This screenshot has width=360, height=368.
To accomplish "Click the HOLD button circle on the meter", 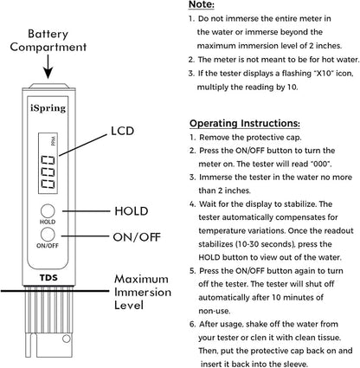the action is point(48,211).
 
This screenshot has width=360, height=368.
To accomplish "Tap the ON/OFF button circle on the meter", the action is point(48,235).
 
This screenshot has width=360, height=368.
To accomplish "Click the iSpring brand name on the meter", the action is point(48,108).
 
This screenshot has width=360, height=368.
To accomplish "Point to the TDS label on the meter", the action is point(48,278).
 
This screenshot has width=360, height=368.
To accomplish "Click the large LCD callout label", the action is point(123,131).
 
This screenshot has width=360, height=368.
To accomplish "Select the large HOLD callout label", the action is point(132,211).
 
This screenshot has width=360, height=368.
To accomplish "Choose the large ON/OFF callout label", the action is point(137,237).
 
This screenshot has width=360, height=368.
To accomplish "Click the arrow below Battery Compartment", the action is point(48,67).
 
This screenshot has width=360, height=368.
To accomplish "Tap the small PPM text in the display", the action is point(54,141).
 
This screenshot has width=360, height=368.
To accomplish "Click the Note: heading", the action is point(202,4).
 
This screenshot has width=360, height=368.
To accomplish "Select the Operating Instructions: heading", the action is point(245,124).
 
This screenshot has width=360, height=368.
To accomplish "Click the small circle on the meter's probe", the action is point(67,339).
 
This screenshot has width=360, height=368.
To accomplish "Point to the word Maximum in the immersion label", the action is point(141,279).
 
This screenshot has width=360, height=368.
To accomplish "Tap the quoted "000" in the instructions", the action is point(321,164).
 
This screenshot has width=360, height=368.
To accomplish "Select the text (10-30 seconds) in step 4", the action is point(265,244).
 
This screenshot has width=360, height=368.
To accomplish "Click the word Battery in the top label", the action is point(48,35).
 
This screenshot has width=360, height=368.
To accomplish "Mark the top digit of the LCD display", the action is point(48,160).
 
